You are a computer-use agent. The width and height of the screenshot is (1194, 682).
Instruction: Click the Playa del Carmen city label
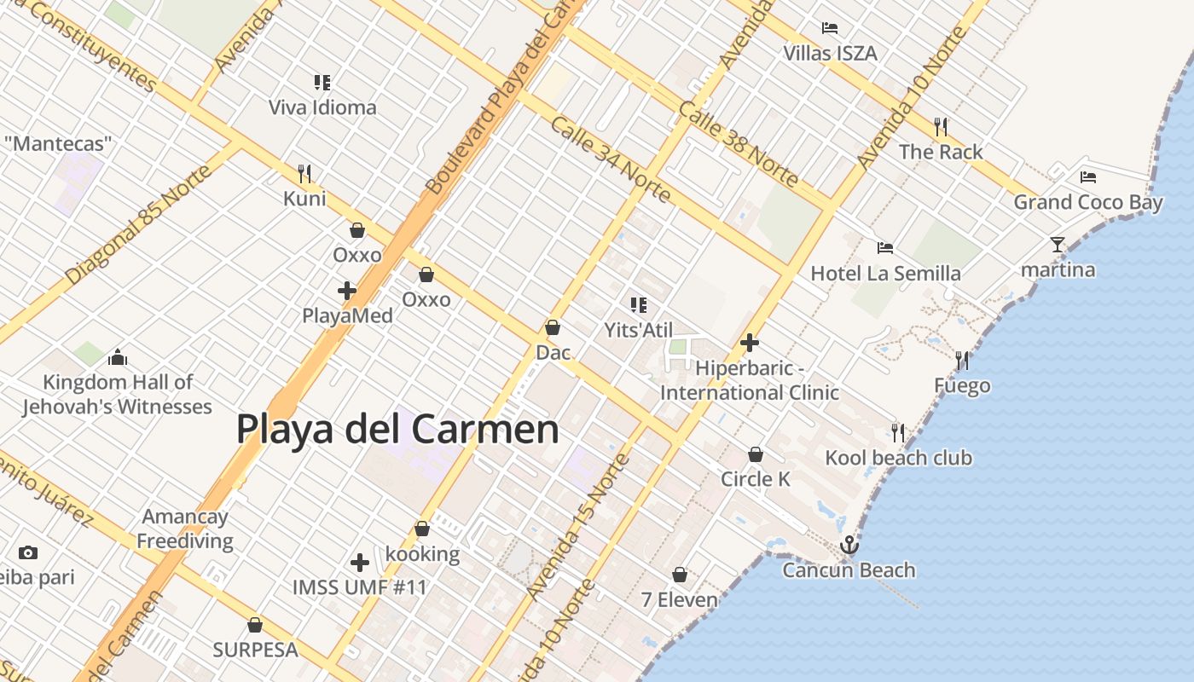[x=397, y=429]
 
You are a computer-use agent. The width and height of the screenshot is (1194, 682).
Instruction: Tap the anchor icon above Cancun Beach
[x=849, y=545]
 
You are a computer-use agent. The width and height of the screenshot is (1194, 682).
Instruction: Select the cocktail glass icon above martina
[x=1058, y=246]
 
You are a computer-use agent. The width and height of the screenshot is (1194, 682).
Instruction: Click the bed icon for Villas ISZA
[x=830, y=28]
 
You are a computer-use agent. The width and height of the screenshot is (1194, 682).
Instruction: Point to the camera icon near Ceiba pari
[x=27, y=552]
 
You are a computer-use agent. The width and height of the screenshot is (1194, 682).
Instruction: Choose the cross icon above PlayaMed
[x=346, y=291]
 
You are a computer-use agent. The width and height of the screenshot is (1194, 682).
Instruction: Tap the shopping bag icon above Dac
[x=553, y=327]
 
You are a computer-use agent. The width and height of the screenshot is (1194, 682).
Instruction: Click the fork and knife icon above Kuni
[x=304, y=174]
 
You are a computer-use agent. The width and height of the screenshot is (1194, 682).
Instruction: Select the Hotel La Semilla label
[x=885, y=274]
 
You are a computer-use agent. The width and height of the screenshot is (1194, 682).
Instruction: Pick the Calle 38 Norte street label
[x=739, y=143]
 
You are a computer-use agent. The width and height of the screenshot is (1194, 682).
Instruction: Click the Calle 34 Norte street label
[x=610, y=159]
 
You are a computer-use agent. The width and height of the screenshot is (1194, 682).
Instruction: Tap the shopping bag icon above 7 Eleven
[x=680, y=575]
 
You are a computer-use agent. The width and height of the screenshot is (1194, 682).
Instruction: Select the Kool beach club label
[x=898, y=458]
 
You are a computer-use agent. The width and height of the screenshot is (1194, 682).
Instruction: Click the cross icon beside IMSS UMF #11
[x=360, y=563]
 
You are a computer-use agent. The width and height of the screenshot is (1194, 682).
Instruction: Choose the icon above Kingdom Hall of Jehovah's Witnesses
[x=118, y=357]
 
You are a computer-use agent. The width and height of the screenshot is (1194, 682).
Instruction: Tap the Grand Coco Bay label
[x=1087, y=203]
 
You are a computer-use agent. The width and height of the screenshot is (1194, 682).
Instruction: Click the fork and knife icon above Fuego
[x=963, y=361]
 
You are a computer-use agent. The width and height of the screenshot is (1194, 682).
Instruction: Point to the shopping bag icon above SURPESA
[x=254, y=625]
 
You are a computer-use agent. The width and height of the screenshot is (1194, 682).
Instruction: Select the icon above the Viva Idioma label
[x=322, y=83]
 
